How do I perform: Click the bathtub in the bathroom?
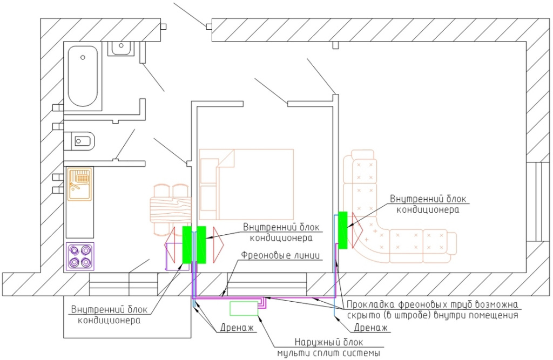click(x=83, y=76)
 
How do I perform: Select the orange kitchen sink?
click(x=80, y=184)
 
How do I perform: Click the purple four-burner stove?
click(x=80, y=256)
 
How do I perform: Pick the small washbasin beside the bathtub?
click(x=120, y=48)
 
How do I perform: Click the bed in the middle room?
click(x=246, y=185)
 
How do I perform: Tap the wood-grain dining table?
click(x=170, y=209)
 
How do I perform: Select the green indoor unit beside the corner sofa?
click(x=342, y=230)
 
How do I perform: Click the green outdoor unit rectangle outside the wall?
click(x=244, y=309)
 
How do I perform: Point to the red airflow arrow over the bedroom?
click(x=218, y=244)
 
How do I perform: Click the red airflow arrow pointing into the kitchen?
click(x=170, y=244)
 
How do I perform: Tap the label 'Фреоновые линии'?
click(x=281, y=255)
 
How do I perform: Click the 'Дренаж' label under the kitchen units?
click(x=237, y=328)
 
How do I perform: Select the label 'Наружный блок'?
click(x=328, y=342)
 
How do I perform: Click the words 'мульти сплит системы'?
click(x=328, y=353)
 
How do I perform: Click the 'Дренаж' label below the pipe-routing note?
click(x=370, y=328)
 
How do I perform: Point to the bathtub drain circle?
click(x=83, y=57)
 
